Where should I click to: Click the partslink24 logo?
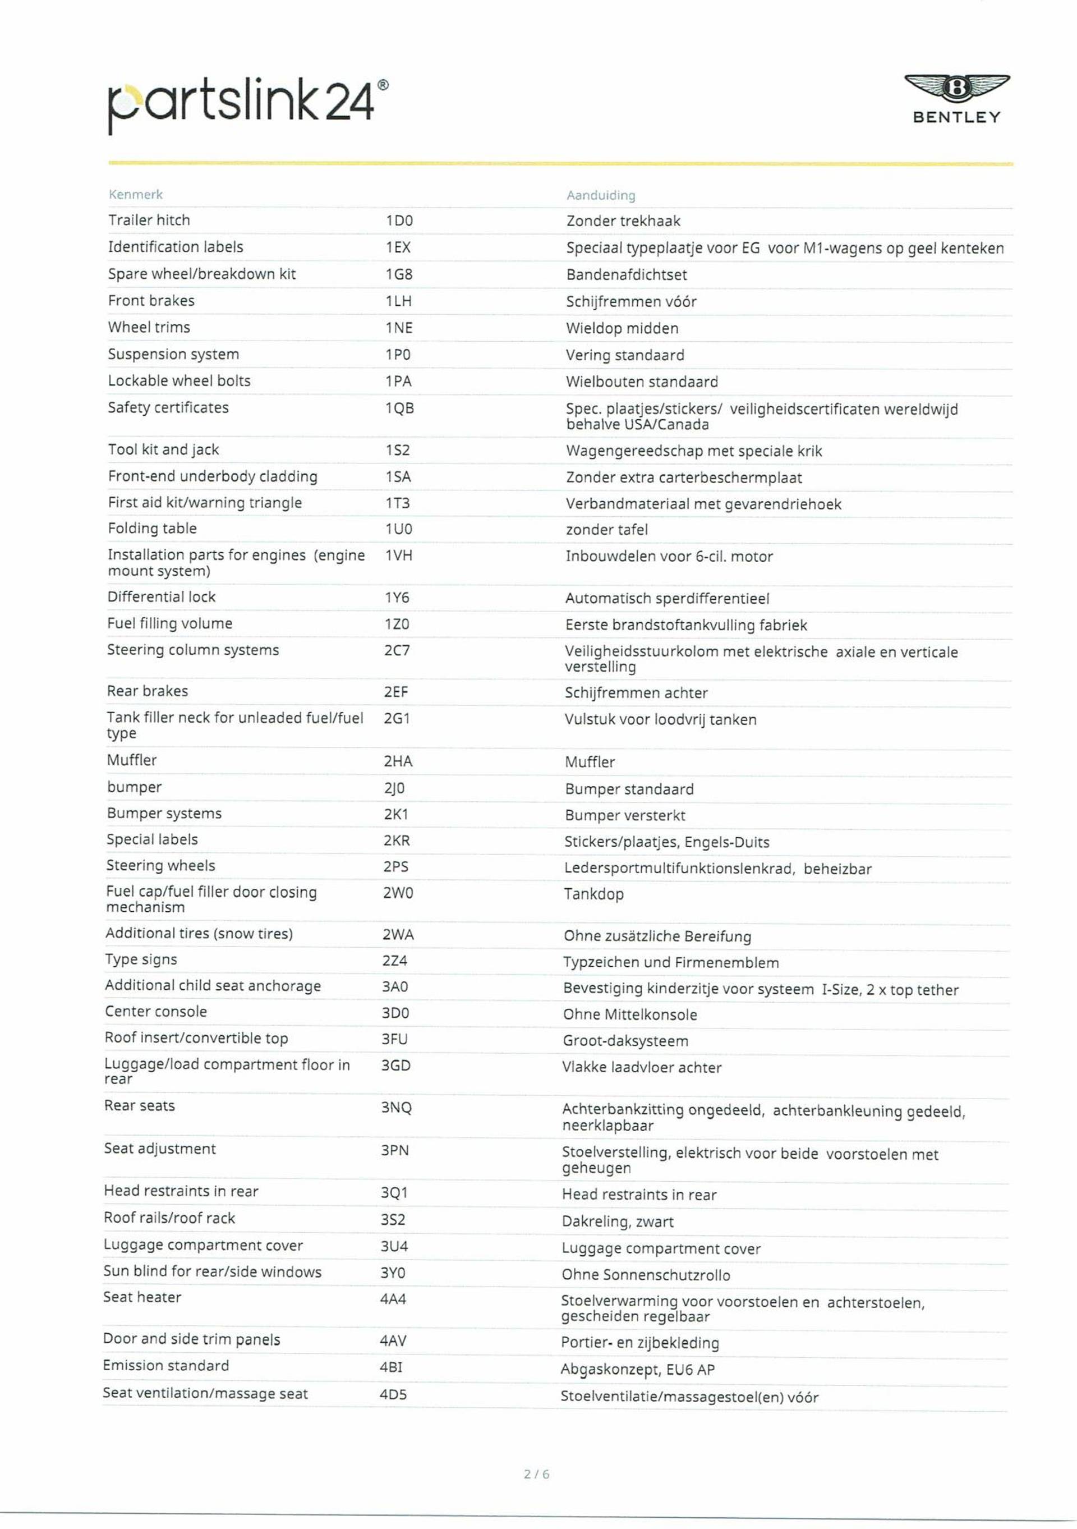pos(246,104)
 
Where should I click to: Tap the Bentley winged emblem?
pos(956,89)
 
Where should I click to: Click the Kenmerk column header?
pos(136,195)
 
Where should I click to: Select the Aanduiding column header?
pos(600,195)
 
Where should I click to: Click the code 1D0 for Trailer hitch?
pos(399,221)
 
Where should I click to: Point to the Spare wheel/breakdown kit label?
pos(202,274)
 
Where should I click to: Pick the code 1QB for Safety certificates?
pos(399,408)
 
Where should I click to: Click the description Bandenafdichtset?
pos(625,274)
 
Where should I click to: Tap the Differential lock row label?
pos(161,596)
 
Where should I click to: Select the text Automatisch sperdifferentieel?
pos(667,598)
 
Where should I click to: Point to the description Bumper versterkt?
pos(624,815)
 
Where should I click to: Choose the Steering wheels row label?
pos(160,865)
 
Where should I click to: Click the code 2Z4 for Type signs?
pos(395,960)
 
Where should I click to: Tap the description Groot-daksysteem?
pos(616,1040)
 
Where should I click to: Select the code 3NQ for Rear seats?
pos(396,1108)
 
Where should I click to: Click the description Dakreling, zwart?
pos(617,1222)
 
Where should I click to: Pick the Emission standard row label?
pos(165,1365)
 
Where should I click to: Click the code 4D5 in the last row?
pos(393,1394)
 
